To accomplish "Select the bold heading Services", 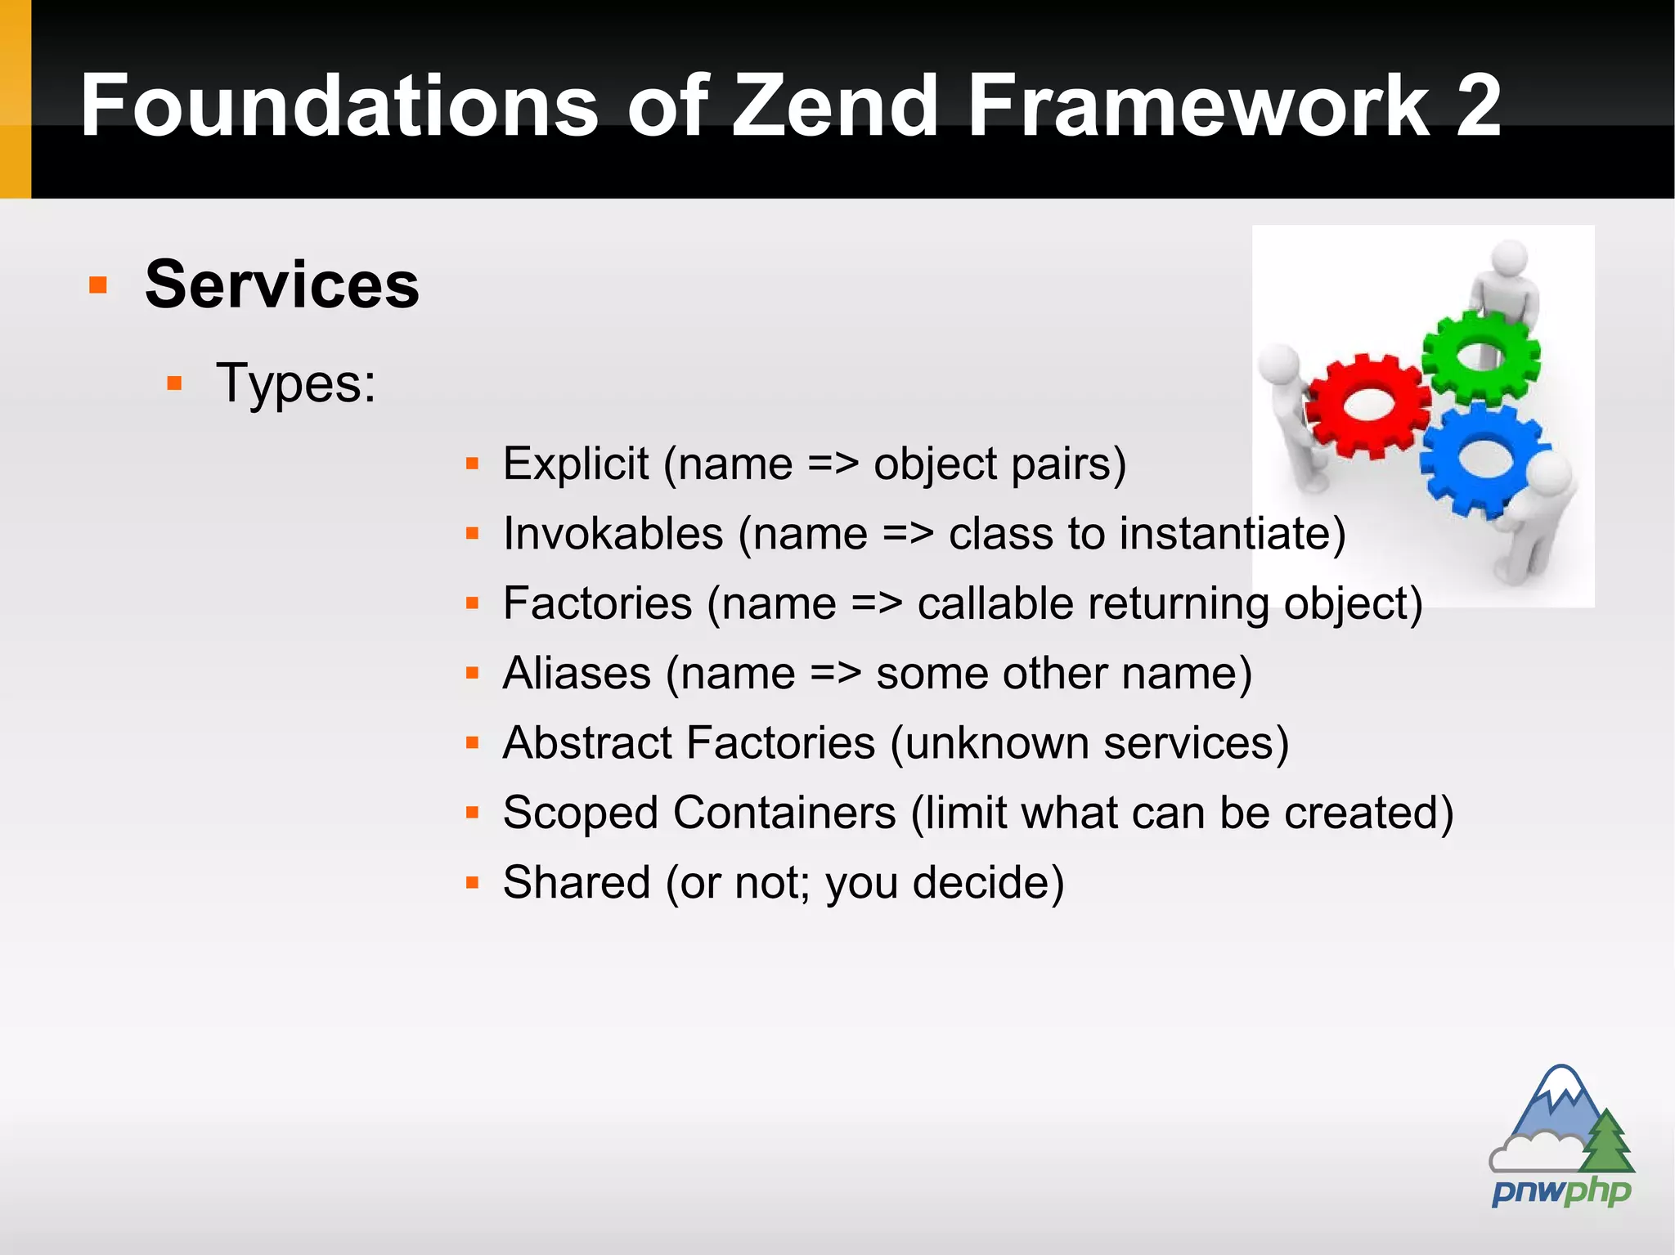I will [x=281, y=284].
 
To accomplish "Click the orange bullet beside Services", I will [x=98, y=285].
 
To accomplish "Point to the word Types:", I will [x=295, y=383].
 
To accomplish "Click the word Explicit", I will [x=576, y=464].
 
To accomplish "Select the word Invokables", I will [x=613, y=534].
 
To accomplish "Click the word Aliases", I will [x=577, y=673].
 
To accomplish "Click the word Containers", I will [x=784, y=813].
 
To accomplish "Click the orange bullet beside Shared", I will [x=472, y=883].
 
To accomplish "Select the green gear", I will [x=1480, y=356].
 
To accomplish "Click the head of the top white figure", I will [x=1510, y=258].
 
